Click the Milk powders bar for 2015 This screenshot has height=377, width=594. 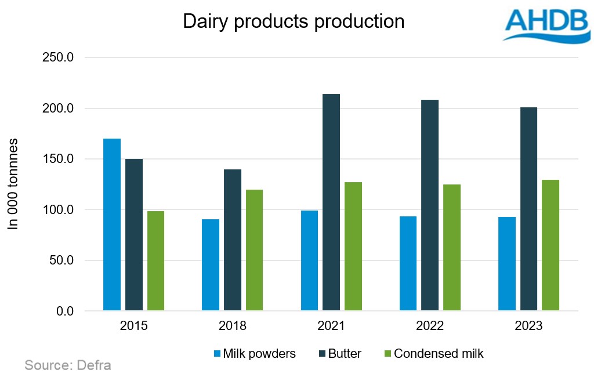point(112,224)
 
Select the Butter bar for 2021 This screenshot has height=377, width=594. point(331,202)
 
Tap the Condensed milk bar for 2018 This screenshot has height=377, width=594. point(254,250)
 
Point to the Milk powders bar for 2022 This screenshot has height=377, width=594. point(408,263)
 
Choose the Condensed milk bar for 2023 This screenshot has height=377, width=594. point(550,245)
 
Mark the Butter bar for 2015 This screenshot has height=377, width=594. point(134,235)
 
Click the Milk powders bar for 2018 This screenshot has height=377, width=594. point(211,265)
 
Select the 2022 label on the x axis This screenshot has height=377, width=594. point(430,326)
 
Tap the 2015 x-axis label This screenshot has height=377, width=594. point(134,326)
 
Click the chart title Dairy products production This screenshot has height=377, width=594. point(294,21)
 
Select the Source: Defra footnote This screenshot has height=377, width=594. point(67,365)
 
